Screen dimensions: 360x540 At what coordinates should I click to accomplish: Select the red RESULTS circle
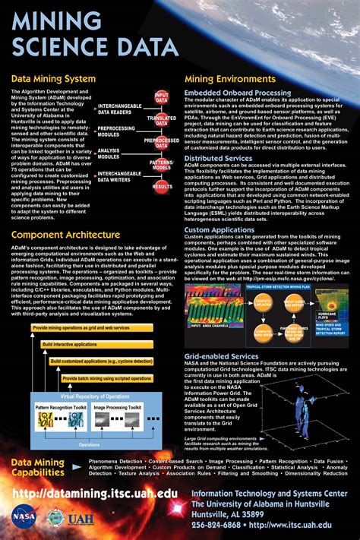(162, 185)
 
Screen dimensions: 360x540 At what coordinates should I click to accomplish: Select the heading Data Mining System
(53, 78)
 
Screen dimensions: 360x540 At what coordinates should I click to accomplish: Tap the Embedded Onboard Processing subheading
(238, 92)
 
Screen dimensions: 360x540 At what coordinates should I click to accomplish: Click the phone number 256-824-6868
(216, 523)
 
